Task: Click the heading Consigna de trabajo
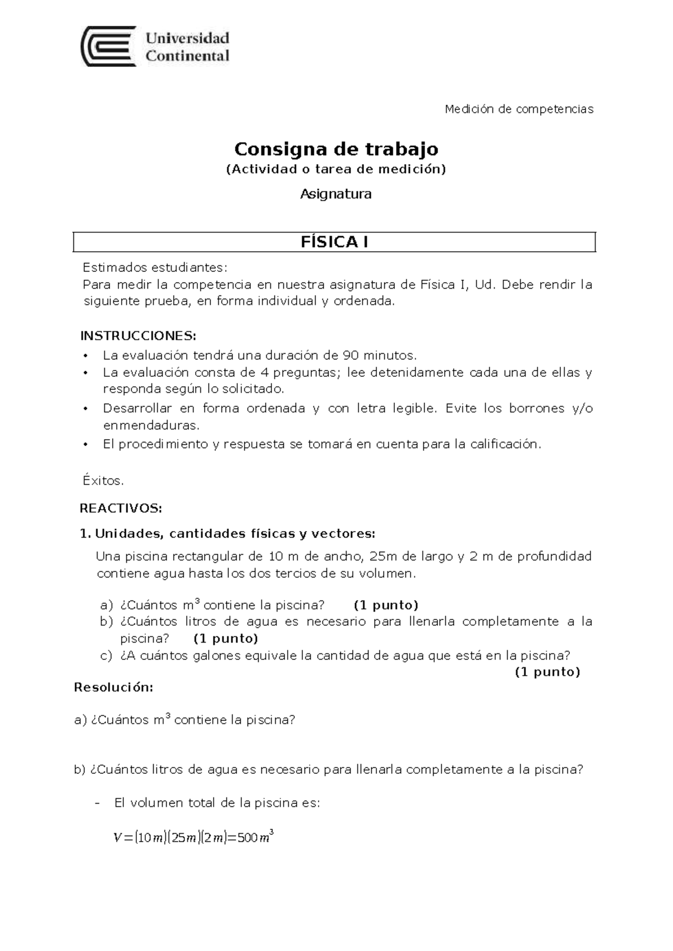(336, 149)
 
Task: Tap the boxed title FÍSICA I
(334, 242)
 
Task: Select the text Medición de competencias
(519, 109)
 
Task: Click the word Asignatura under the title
(335, 194)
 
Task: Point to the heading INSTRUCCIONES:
(138, 336)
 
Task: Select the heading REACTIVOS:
(121, 509)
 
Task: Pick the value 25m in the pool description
(384, 556)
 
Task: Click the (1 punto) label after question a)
(386, 605)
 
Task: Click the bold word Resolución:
(113, 687)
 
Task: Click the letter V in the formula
(117, 838)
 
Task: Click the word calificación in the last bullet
(505, 444)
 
